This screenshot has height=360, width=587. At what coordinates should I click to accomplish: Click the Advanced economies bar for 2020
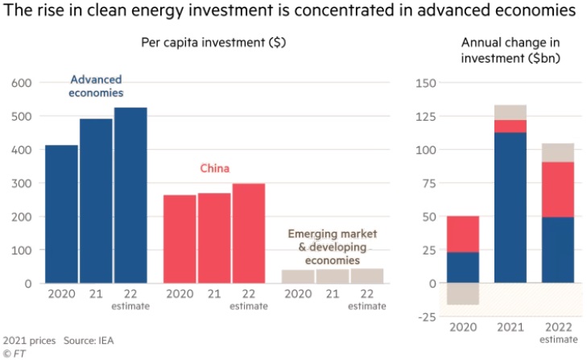click(x=61, y=213)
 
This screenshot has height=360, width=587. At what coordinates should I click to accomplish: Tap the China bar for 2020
click(x=180, y=238)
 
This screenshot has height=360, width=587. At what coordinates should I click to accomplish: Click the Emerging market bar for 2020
click(x=298, y=276)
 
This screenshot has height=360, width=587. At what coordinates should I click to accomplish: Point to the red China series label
click(x=215, y=168)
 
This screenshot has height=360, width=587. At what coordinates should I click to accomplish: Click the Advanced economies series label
click(x=97, y=86)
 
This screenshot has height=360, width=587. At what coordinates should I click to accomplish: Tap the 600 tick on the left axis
click(x=20, y=83)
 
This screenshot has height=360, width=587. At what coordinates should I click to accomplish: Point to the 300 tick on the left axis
click(x=20, y=184)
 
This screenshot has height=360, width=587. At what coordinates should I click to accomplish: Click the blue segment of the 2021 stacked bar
click(x=511, y=207)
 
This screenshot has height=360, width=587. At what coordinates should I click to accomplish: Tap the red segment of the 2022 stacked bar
click(x=558, y=189)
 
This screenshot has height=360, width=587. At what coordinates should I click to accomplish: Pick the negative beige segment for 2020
click(x=463, y=294)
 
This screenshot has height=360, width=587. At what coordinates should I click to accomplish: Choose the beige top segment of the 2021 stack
click(x=511, y=112)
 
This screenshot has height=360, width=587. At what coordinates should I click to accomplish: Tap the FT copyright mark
click(x=14, y=354)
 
